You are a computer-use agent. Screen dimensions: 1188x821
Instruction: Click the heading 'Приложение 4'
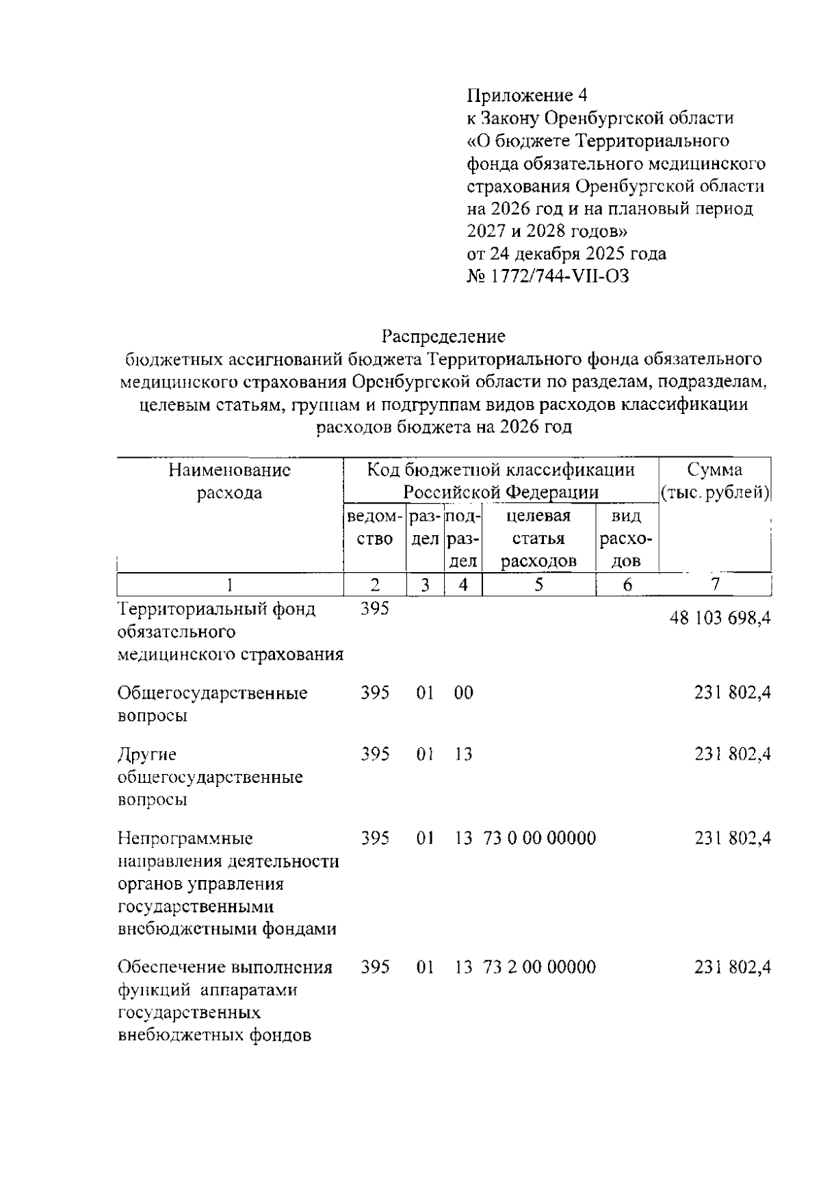tap(527, 95)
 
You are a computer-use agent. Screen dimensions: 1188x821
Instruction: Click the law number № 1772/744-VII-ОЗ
tap(547, 276)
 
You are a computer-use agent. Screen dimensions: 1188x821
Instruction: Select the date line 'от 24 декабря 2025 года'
tap(566, 254)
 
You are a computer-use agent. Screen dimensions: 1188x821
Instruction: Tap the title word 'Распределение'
tap(443, 336)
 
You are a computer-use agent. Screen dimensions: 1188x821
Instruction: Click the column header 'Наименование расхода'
tap(229, 481)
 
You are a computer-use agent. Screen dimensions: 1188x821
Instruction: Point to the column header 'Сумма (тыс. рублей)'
tap(715, 481)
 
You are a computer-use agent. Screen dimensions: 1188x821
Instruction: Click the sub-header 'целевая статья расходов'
tap(538, 539)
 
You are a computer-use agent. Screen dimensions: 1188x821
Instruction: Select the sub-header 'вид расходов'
tap(626, 539)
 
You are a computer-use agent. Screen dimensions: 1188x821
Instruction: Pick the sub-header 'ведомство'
tap(374, 527)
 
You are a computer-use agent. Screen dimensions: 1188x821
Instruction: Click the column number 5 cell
tap(538, 585)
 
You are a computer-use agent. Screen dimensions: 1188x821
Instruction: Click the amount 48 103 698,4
tap(720, 618)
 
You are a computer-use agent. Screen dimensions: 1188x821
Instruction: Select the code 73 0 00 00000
tap(539, 838)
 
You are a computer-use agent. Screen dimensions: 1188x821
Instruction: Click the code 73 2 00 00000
tap(539, 967)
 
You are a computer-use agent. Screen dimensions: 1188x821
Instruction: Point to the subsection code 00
tap(463, 693)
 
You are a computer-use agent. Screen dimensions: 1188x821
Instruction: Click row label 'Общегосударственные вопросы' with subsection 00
tap(212, 704)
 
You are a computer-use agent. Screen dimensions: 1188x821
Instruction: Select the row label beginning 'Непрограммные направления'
tap(228, 883)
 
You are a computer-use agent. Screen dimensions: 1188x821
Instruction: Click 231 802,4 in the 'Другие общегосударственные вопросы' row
tap(733, 754)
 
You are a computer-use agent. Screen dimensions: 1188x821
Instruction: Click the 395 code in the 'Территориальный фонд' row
tap(375, 608)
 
